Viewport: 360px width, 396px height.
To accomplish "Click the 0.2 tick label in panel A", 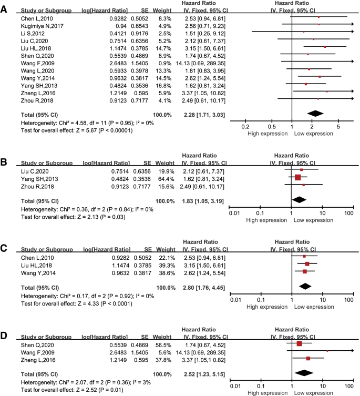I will point(244,126).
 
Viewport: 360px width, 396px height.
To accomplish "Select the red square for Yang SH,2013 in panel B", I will point(298,177).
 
